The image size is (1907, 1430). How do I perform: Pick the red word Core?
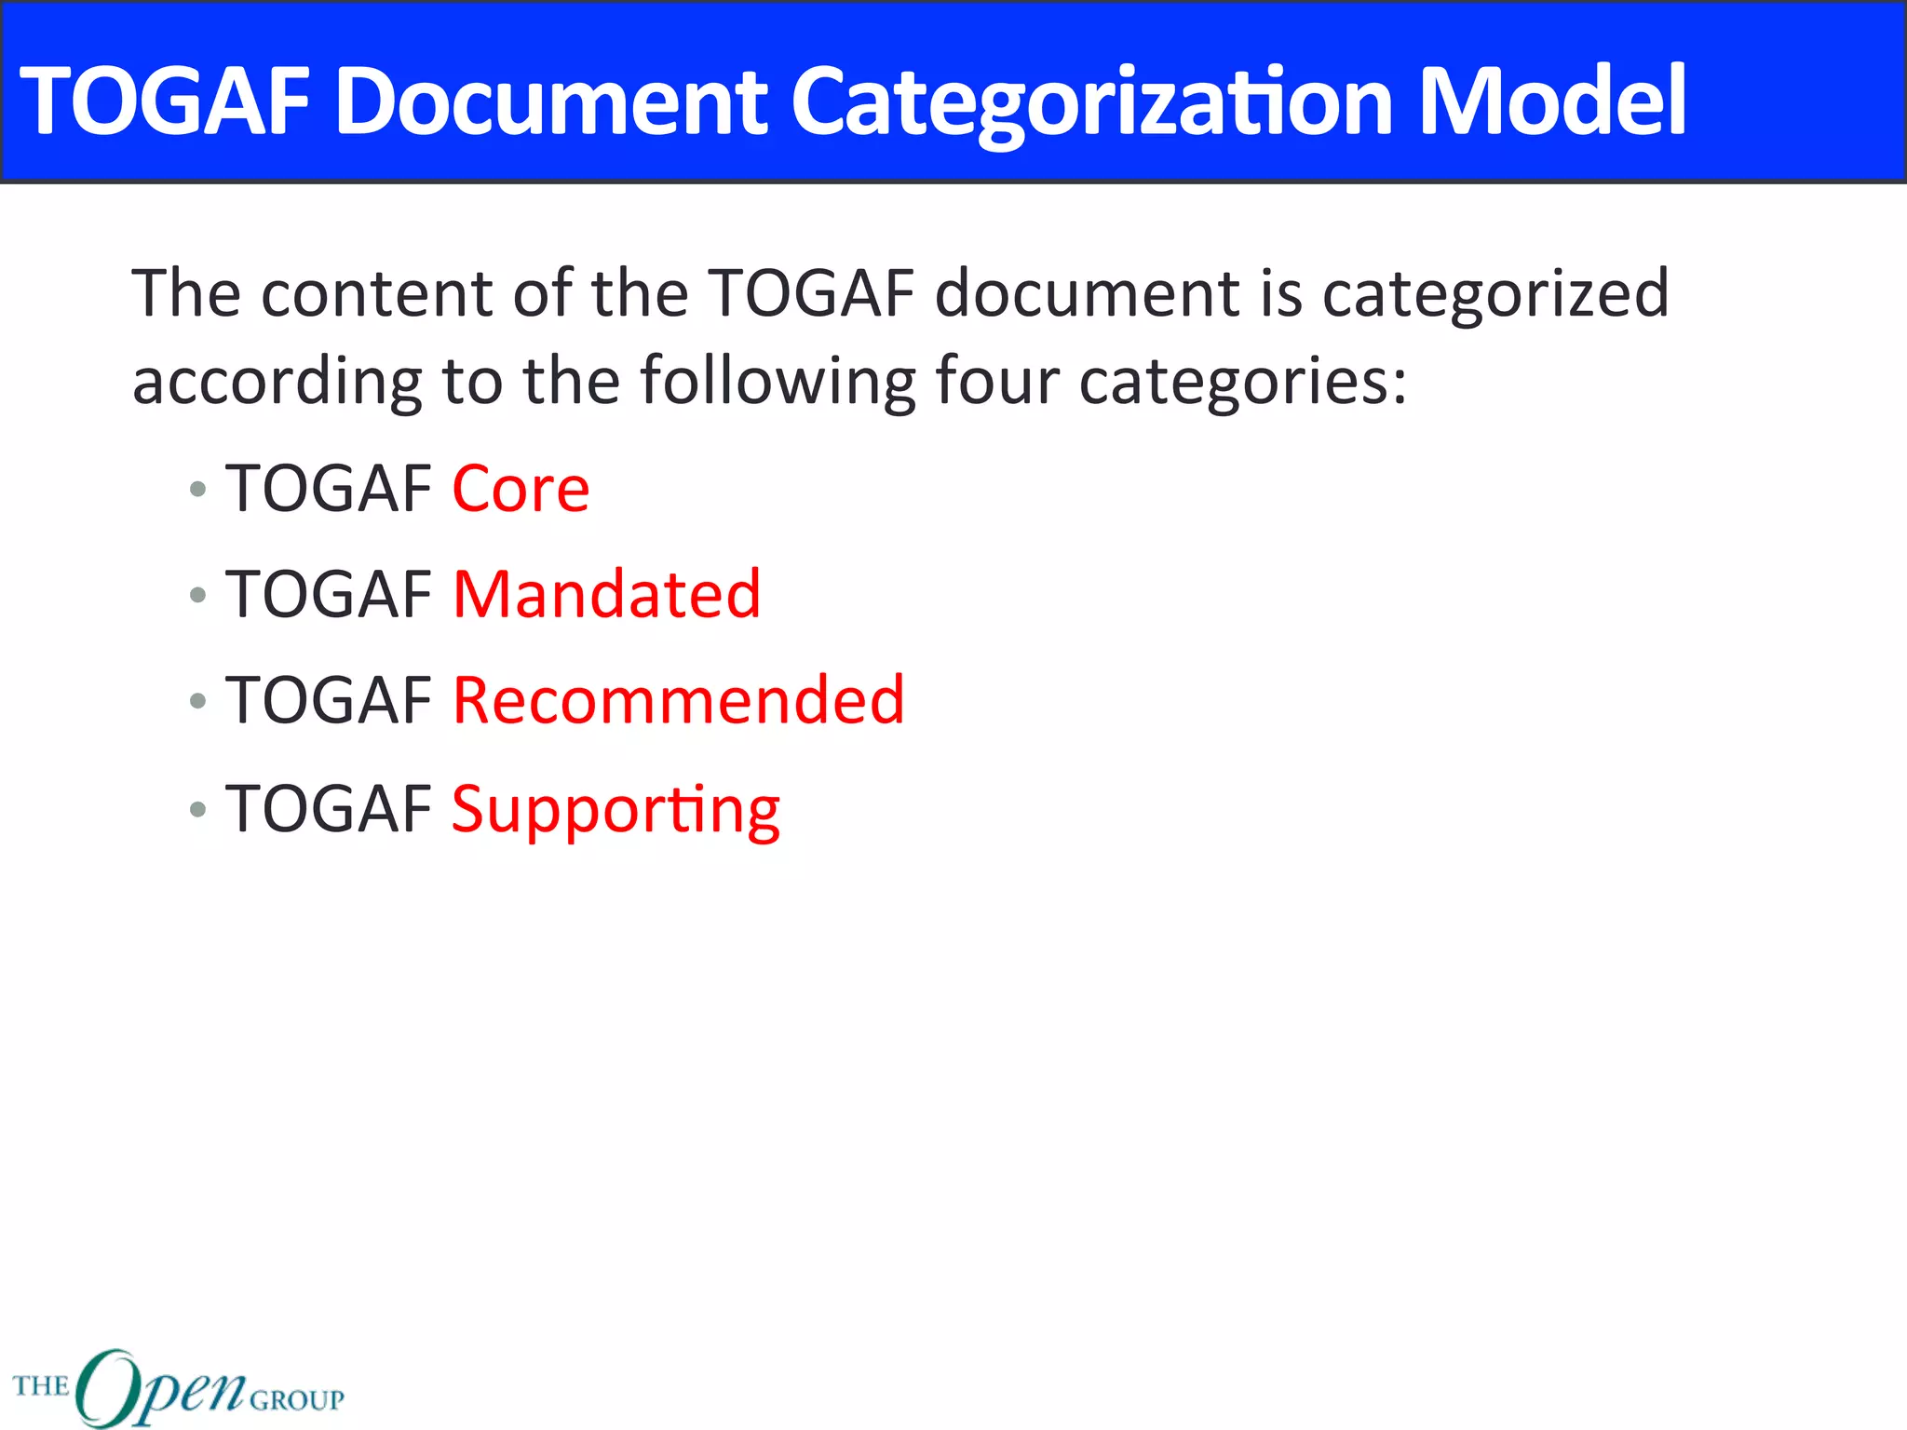click(x=521, y=489)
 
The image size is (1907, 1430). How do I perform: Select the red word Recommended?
click(x=679, y=700)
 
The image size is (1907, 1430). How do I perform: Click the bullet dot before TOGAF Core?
click(x=197, y=489)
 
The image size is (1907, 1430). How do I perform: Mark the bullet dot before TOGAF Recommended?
click(x=197, y=700)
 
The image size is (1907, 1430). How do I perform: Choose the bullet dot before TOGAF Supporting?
click(x=197, y=808)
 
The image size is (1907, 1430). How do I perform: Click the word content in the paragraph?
click(x=377, y=294)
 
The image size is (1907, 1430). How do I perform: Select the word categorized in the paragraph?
click(x=1495, y=294)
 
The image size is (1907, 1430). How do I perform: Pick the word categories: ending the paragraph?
click(x=1243, y=382)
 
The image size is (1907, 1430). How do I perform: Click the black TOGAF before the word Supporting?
click(x=328, y=808)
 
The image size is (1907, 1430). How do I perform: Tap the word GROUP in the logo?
click(x=297, y=1400)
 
